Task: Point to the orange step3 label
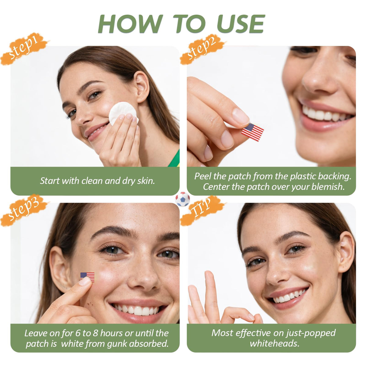24,210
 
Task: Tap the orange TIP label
203,210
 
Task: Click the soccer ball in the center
183,199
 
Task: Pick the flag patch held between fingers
253,132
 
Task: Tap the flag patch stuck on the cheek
87,277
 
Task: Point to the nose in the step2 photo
321,76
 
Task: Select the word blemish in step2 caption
328,187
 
